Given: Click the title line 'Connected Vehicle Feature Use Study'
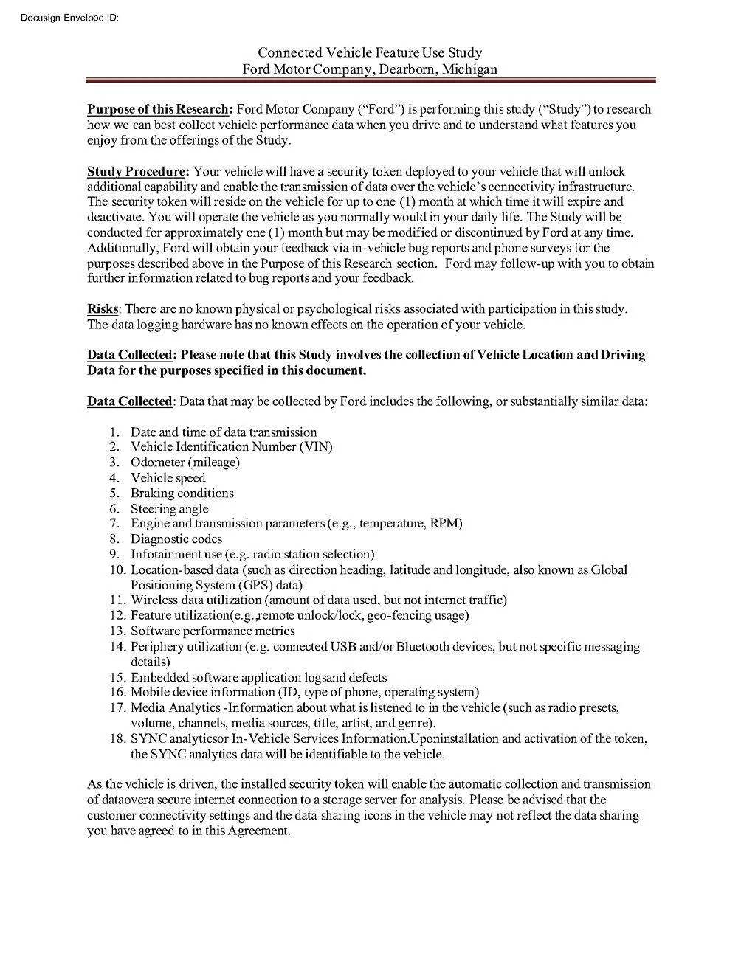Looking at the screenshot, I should pyautogui.click(x=370, y=52).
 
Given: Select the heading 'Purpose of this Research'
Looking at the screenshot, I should pyautogui.click(x=157, y=110).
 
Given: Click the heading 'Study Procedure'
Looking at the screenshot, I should pyautogui.click(x=136, y=172).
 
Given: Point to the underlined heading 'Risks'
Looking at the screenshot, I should pyautogui.click(x=103, y=309).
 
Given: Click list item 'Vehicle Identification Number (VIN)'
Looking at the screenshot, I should pyautogui.click(x=232, y=447).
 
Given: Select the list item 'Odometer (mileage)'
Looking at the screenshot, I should pyautogui.click(x=185, y=463).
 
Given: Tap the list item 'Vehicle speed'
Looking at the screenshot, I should pyautogui.click(x=168, y=478).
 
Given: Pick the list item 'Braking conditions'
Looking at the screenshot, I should pyautogui.click(x=182, y=494).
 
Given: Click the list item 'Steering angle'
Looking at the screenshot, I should pyautogui.click(x=170, y=509).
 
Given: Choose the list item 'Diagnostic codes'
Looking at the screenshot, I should pyautogui.click(x=176, y=539).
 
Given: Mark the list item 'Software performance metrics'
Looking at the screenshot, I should pyautogui.click(x=213, y=631).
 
